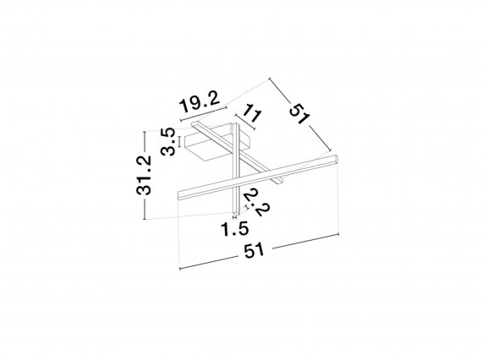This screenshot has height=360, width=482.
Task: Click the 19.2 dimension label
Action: tap(200, 101)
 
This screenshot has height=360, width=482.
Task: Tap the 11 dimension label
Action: tap(252, 113)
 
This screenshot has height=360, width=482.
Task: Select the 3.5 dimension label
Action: tap(169, 142)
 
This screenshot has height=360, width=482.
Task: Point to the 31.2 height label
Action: tap(144, 175)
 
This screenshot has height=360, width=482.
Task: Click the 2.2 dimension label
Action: tap(257, 203)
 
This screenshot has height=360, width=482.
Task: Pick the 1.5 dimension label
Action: tap(235, 229)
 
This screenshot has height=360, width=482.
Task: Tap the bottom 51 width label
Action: tap(254, 250)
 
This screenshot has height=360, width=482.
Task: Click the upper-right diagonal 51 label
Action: tap(299, 113)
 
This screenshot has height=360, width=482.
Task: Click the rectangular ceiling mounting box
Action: tap(217, 142)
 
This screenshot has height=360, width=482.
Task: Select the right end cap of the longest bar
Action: tap(337, 159)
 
